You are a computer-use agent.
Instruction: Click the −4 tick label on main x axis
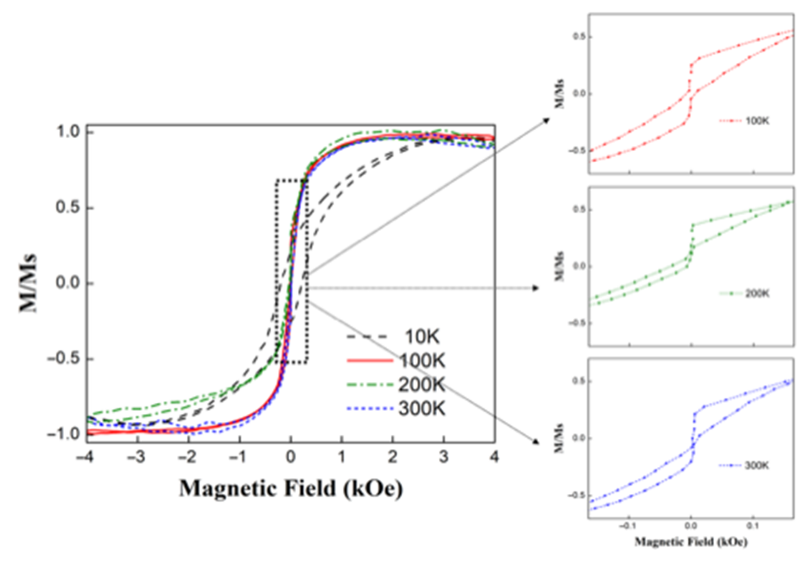point(86,457)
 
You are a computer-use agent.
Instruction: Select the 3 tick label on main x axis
point(443,457)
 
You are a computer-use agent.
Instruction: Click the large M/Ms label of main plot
point(28,283)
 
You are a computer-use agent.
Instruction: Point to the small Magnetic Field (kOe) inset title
point(691,542)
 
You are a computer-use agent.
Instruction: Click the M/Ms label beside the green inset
point(560,266)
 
